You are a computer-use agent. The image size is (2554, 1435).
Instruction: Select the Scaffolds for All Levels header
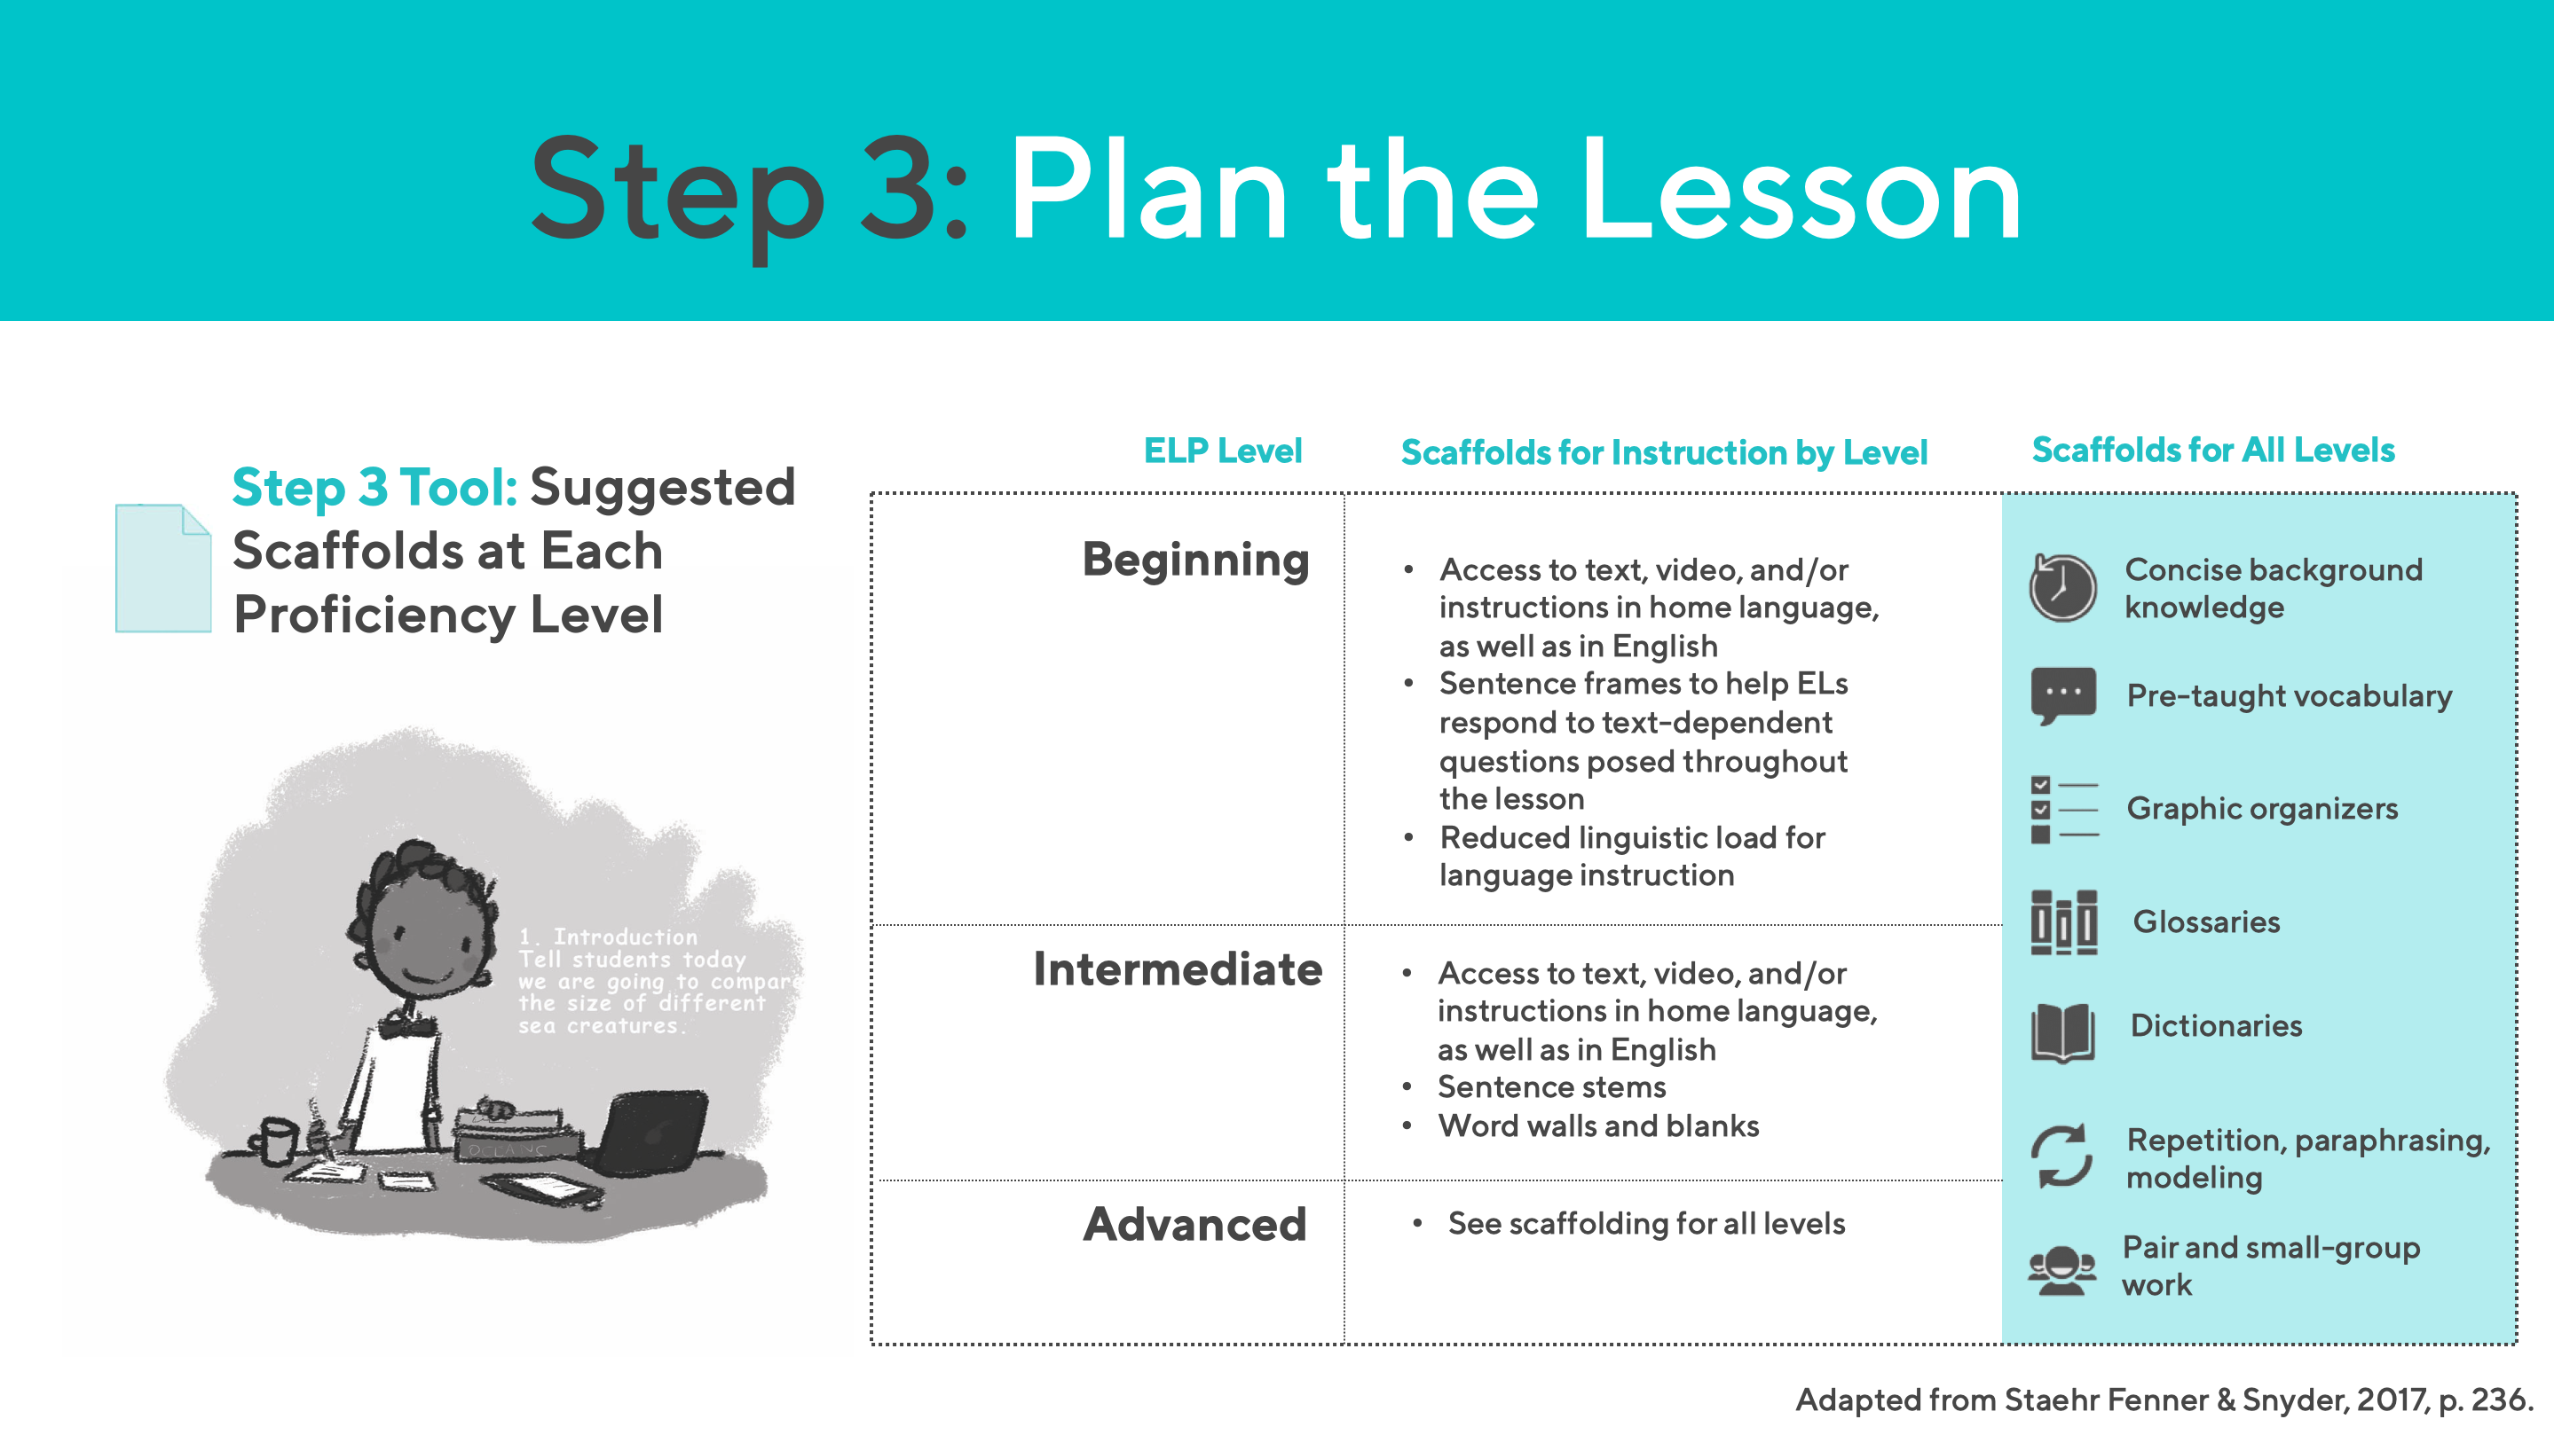click(x=2212, y=450)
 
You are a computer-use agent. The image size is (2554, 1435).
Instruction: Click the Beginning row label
click(x=1194, y=560)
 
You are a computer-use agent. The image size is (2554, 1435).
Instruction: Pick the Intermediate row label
click(x=1177, y=969)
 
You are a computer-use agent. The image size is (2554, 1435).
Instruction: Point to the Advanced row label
click(x=1194, y=1224)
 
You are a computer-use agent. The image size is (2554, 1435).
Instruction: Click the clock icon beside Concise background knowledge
click(x=2062, y=588)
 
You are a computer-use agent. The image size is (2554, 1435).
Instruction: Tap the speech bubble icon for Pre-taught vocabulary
click(x=2062, y=694)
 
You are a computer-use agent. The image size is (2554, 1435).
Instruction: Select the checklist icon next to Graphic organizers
click(x=2062, y=809)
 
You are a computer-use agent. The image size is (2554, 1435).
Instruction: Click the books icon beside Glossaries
click(x=2062, y=921)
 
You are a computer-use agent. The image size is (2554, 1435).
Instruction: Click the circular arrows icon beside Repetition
click(x=2062, y=1156)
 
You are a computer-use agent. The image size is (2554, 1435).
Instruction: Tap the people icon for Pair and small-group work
click(x=2062, y=1268)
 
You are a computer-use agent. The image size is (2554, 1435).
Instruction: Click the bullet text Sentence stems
click(x=1551, y=1087)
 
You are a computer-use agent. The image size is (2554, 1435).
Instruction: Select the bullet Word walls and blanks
click(x=1598, y=1125)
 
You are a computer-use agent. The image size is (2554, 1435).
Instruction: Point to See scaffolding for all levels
click(x=1646, y=1224)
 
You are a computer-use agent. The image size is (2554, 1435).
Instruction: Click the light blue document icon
click(x=162, y=568)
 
